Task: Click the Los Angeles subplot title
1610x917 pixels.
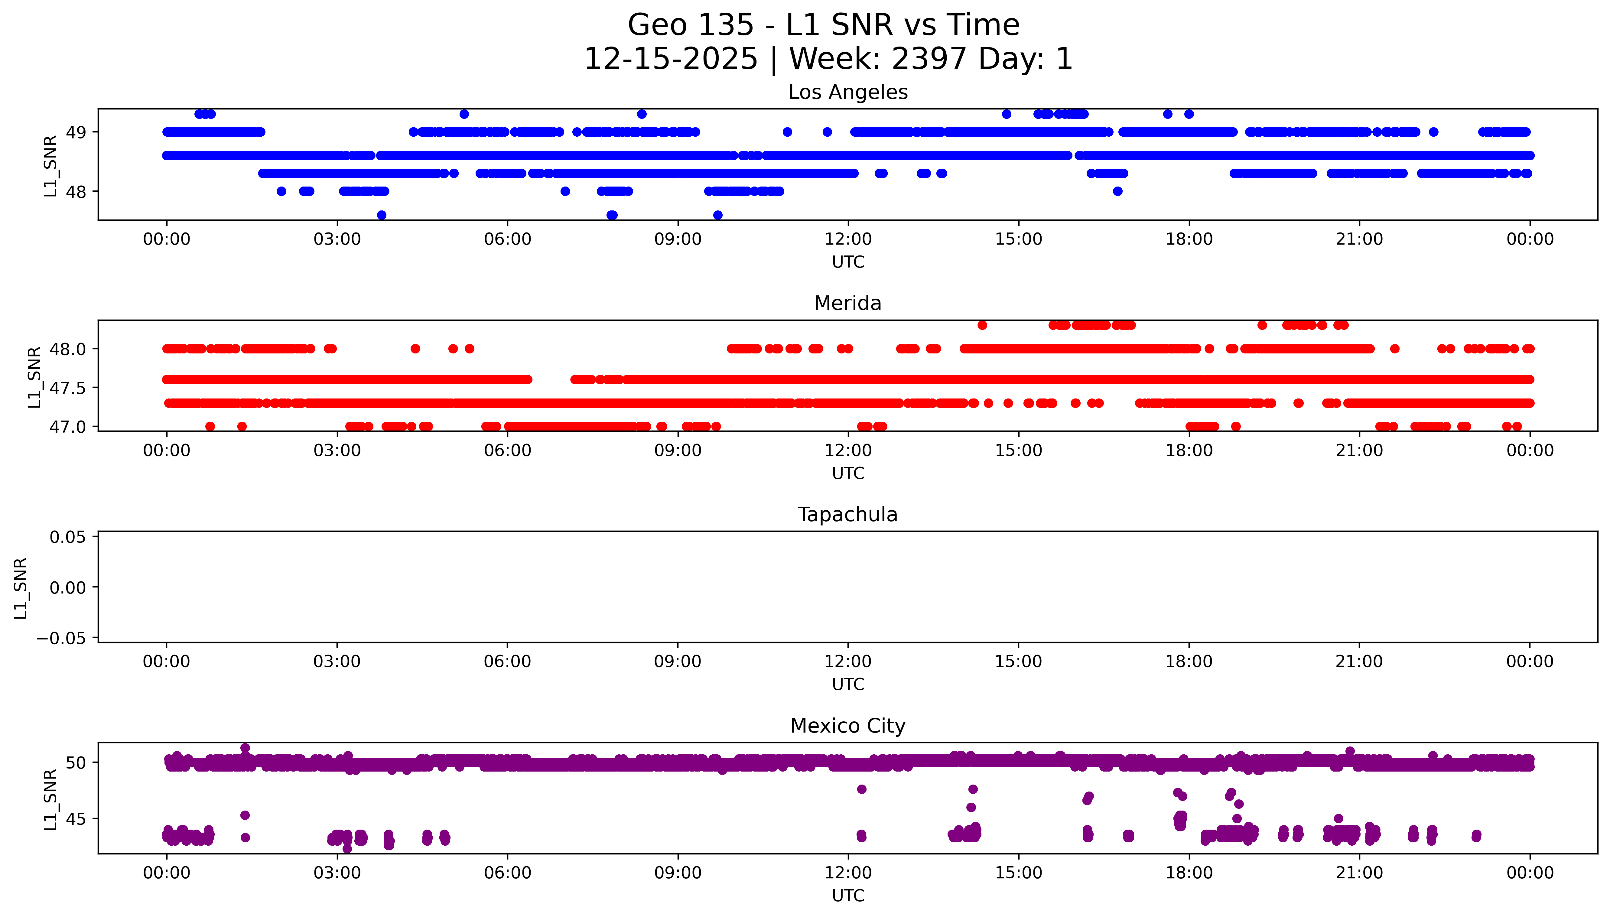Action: pyautogui.click(x=847, y=93)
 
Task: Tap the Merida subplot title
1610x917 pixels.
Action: pyautogui.click(x=847, y=304)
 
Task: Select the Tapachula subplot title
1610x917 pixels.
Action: pyautogui.click(x=847, y=515)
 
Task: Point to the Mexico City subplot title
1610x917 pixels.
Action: pyautogui.click(x=847, y=726)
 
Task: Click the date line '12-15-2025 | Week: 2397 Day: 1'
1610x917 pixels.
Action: pyautogui.click(x=828, y=59)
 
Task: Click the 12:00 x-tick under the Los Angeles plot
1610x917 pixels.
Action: pyautogui.click(x=848, y=239)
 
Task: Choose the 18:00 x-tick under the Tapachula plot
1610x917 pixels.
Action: pyautogui.click(x=1189, y=662)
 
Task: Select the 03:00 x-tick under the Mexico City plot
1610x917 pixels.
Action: pyautogui.click(x=337, y=873)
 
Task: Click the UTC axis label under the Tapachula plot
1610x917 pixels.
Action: pyautogui.click(x=847, y=684)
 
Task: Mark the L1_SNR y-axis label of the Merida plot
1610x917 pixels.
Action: pyautogui.click(x=35, y=377)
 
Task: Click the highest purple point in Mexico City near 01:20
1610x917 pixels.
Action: pyautogui.click(x=245, y=748)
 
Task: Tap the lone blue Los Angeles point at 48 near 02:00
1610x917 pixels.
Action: pyautogui.click(x=281, y=191)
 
